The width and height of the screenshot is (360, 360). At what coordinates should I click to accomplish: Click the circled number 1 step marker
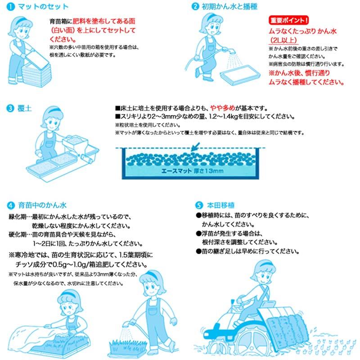click(11, 7)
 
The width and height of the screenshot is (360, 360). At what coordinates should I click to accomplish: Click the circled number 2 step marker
click(195, 7)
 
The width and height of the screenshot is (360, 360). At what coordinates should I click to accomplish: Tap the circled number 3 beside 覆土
click(10, 108)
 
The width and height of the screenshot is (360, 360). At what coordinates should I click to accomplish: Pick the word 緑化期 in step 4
click(19, 216)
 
